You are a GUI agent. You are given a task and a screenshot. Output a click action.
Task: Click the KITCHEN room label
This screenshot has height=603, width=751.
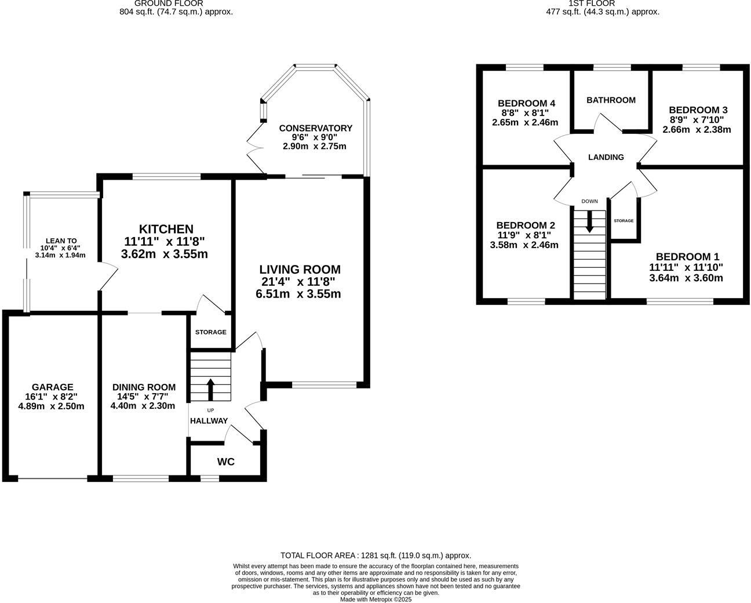[x=166, y=229]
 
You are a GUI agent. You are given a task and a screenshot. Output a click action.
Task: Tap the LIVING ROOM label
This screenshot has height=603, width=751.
[x=300, y=270]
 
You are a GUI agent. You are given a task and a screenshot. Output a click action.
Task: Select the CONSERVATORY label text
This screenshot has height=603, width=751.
[x=315, y=128]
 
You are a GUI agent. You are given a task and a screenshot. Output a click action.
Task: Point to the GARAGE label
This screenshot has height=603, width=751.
[x=52, y=387]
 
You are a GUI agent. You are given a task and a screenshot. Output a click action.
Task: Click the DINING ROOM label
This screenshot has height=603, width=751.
[x=144, y=387]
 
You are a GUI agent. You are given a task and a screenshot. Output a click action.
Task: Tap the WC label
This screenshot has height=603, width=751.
[x=226, y=462]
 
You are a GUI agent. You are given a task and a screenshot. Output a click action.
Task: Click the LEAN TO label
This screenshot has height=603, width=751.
[x=61, y=241]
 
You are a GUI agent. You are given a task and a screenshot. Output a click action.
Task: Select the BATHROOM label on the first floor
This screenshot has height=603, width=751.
[x=611, y=100]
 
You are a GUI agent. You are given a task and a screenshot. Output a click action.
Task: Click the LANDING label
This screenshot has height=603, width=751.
[x=606, y=157]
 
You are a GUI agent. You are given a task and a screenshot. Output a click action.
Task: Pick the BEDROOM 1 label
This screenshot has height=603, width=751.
[x=687, y=257]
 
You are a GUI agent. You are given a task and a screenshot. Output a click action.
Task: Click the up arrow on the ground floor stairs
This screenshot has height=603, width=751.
[x=210, y=389]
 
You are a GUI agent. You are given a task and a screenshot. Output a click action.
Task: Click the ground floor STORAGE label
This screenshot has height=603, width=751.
[x=210, y=332]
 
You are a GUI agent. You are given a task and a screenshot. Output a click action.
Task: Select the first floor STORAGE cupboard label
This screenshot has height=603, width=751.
[x=624, y=221]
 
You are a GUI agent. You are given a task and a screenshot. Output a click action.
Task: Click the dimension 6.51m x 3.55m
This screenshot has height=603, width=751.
[x=298, y=294]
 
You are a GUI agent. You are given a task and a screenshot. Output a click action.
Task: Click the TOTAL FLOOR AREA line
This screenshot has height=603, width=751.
[x=375, y=555]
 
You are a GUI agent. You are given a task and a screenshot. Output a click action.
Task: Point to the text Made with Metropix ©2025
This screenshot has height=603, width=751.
[x=375, y=600]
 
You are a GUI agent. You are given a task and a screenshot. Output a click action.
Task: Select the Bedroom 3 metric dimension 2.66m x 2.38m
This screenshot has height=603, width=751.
[x=697, y=130]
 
